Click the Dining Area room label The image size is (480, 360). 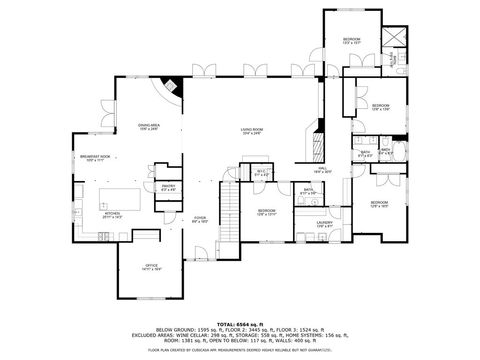pyautogui.click(x=149, y=127)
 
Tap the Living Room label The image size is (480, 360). pyautogui.click(x=250, y=131)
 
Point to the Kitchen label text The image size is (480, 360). pyautogui.click(x=113, y=214)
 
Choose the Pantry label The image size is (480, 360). pyautogui.click(x=169, y=187)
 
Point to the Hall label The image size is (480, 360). pyautogui.click(x=323, y=169)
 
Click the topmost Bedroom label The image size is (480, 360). pyautogui.click(x=352, y=41)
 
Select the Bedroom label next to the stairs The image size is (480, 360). pyautogui.click(x=266, y=212)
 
